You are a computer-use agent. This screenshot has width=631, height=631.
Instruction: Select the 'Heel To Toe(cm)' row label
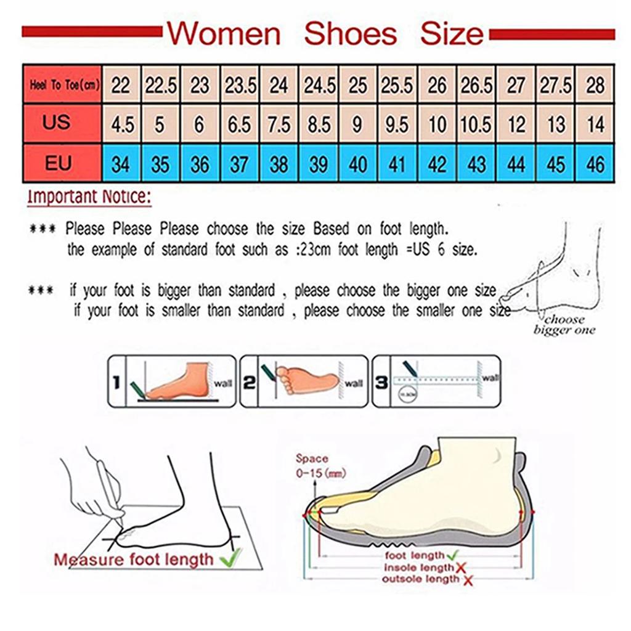[63, 85]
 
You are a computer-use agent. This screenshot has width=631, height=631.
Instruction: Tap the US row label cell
[57, 123]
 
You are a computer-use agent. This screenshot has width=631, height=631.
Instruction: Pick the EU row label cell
[58, 163]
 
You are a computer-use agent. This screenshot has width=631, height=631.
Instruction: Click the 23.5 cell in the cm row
[240, 85]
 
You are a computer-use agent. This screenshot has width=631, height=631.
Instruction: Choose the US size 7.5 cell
[279, 124]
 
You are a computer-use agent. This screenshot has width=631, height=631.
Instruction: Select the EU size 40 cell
[358, 165]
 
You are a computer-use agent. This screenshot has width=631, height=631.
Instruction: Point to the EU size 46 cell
[595, 165]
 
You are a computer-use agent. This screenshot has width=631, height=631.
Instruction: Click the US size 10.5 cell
[476, 124]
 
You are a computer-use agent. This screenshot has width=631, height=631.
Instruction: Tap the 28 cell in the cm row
[595, 85]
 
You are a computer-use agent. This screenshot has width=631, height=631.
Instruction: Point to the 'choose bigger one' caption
[564, 325]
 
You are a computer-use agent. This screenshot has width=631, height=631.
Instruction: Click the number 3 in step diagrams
[381, 383]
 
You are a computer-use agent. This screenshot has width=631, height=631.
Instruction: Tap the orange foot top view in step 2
[306, 379]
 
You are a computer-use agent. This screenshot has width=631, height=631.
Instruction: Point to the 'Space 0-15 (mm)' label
[320, 466]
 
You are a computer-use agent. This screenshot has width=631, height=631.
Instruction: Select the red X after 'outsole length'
[468, 580]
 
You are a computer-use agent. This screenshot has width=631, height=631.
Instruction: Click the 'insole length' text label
[418, 568]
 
